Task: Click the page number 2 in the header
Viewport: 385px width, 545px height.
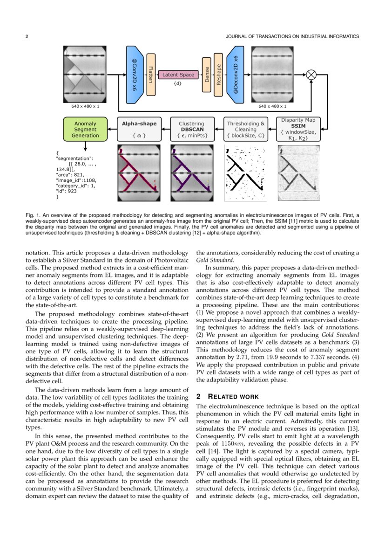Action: pyautogui.click(x=27, y=36)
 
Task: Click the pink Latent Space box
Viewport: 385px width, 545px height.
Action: pyautogui.click(x=177, y=75)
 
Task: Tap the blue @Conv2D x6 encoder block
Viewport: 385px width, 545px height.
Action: pyautogui.click(x=134, y=75)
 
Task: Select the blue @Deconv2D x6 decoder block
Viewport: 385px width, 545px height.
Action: pyautogui.click(x=236, y=75)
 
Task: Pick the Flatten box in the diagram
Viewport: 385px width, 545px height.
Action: pyautogui.click(x=151, y=75)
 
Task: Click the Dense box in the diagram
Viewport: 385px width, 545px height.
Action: pyautogui.click(x=207, y=75)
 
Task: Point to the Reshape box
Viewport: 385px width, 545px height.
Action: pyautogui.click(x=218, y=75)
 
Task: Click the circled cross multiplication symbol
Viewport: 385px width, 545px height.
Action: pyautogui.click(x=311, y=75)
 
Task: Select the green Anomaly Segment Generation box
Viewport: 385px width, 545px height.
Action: pyautogui.click(x=85, y=129)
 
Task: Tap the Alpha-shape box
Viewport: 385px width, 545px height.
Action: pyautogui.click(x=139, y=129)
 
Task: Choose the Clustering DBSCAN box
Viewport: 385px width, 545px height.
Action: pyautogui.click(x=192, y=129)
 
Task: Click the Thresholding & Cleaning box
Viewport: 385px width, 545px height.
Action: pyautogui.click(x=246, y=129)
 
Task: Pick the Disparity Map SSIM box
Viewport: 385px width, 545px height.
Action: pyautogui.click(x=298, y=129)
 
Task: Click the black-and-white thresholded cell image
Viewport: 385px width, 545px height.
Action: pyautogui.click(x=246, y=173)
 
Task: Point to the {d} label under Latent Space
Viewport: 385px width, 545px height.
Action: pyautogui.click(x=177, y=84)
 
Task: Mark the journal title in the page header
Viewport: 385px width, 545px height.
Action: pyautogui.click(x=292, y=36)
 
